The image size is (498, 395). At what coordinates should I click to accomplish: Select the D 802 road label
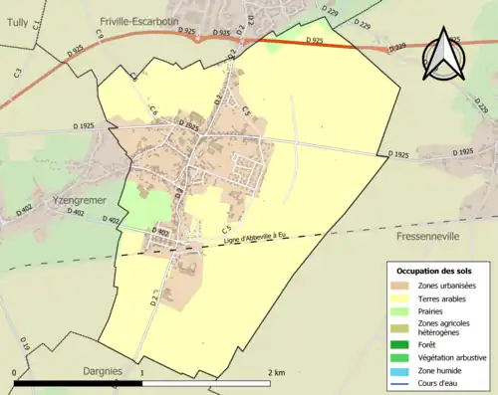point(162,232)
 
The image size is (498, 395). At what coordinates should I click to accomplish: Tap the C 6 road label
point(153,112)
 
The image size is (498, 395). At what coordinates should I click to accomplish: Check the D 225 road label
point(481,103)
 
